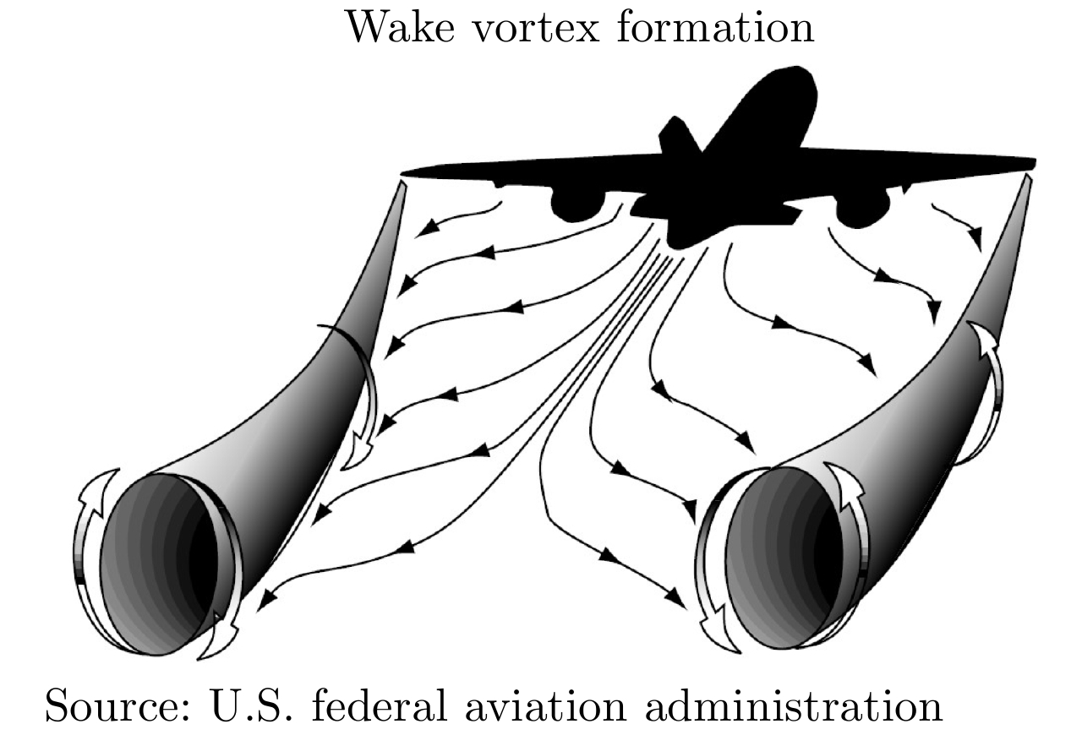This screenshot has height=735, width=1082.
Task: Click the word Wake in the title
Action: tap(401, 28)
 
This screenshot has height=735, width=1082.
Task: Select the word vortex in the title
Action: tap(535, 29)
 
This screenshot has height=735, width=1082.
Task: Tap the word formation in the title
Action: tap(715, 27)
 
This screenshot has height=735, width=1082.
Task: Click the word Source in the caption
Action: tap(117, 706)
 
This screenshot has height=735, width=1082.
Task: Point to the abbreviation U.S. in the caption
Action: tap(252, 705)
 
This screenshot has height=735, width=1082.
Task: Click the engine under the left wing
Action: tap(577, 205)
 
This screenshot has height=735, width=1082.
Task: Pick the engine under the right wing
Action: tap(863, 209)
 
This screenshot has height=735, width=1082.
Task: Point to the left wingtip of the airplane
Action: tap(406, 173)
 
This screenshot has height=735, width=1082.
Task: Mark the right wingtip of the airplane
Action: tap(1032, 163)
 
